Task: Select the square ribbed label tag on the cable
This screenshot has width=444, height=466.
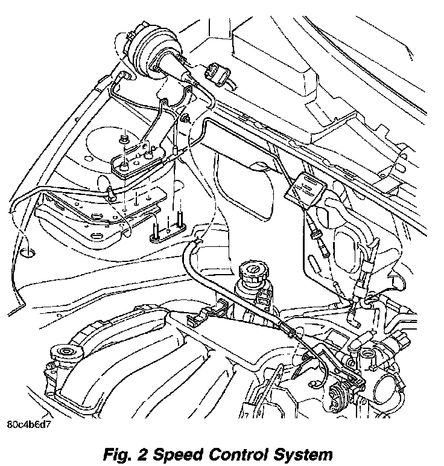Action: click(305, 190)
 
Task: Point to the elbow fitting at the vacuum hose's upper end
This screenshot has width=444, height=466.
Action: click(125, 76)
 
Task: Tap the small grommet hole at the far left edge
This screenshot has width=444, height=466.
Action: click(28, 247)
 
